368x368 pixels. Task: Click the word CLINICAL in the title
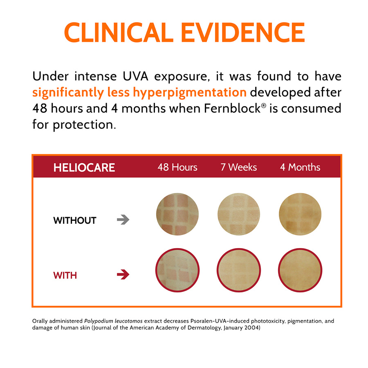coord(119,32)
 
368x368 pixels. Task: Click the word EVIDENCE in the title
coord(242,32)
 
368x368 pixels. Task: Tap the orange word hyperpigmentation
coord(190,93)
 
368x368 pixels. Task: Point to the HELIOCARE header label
coord(84,168)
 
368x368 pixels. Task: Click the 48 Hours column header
coord(177,167)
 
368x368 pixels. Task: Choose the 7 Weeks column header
coord(239,167)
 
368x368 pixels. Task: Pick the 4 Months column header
coord(300,167)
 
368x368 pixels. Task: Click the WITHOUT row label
coord(75,220)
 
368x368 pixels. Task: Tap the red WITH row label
coord(65,275)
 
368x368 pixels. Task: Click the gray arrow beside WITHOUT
coord(123,220)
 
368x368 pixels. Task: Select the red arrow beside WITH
coord(123,275)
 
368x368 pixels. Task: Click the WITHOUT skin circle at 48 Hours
coord(177,214)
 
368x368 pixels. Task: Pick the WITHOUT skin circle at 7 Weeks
coord(239,214)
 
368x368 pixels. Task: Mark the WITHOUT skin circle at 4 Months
coord(300,214)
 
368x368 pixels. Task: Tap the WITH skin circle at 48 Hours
coord(177,270)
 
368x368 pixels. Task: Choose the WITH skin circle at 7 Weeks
coord(239,270)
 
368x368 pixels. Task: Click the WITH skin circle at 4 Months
coord(300,270)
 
